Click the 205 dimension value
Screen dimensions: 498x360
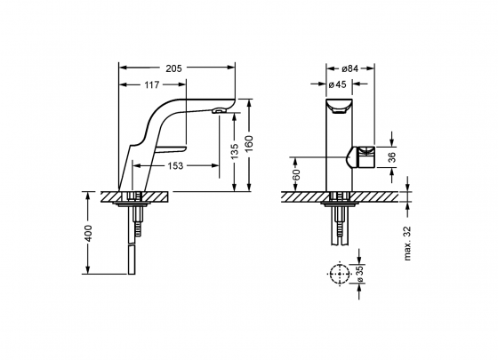[x=174, y=68]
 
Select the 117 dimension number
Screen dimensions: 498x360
[x=151, y=85]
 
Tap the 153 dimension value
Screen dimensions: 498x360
[x=175, y=165]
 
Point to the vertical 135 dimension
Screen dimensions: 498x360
[x=235, y=152]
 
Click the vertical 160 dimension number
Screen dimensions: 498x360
[x=249, y=143]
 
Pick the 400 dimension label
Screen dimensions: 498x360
[x=88, y=234]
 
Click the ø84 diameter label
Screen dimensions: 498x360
[x=350, y=68]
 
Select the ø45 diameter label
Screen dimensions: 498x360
[x=337, y=84]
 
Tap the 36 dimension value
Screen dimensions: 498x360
[x=392, y=157]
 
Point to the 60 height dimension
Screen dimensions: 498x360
[x=296, y=174]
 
